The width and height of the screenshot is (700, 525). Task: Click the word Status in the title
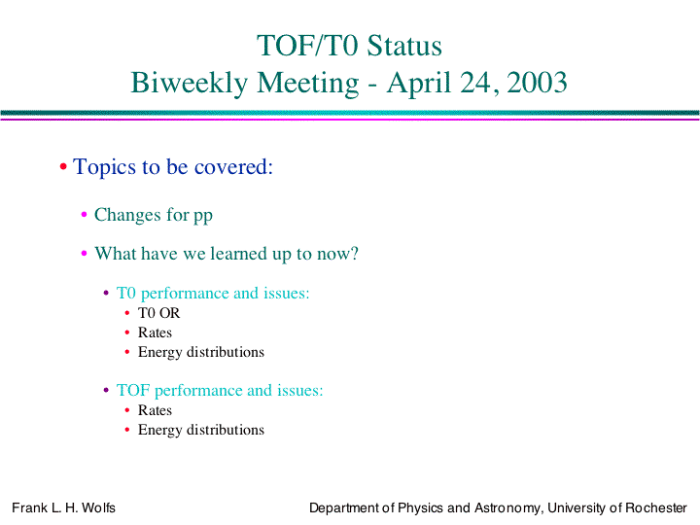coord(404,46)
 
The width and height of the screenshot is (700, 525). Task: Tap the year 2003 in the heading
coord(537,83)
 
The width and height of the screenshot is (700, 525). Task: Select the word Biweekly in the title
coord(190,84)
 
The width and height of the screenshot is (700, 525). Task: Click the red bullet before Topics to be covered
coord(63,167)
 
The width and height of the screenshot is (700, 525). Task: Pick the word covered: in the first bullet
coord(233,167)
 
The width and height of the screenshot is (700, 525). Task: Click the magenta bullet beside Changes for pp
coord(84,215)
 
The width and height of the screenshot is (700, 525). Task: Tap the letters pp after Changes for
coord(202,216)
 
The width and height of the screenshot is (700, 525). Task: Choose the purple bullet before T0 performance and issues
coord(106,293)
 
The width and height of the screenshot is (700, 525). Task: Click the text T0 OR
coord(158,313)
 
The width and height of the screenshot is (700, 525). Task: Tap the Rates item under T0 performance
coord(155,332)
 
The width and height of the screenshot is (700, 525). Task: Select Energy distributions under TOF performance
coord(201,430)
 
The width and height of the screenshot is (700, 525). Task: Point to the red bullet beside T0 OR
coord(127,313)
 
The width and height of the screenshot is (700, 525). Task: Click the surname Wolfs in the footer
coord(98,508)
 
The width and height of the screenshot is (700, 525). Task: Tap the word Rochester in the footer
coord(656,508)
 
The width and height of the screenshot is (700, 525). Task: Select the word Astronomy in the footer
coord(508,508)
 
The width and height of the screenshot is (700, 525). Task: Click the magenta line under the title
coord(350,119)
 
